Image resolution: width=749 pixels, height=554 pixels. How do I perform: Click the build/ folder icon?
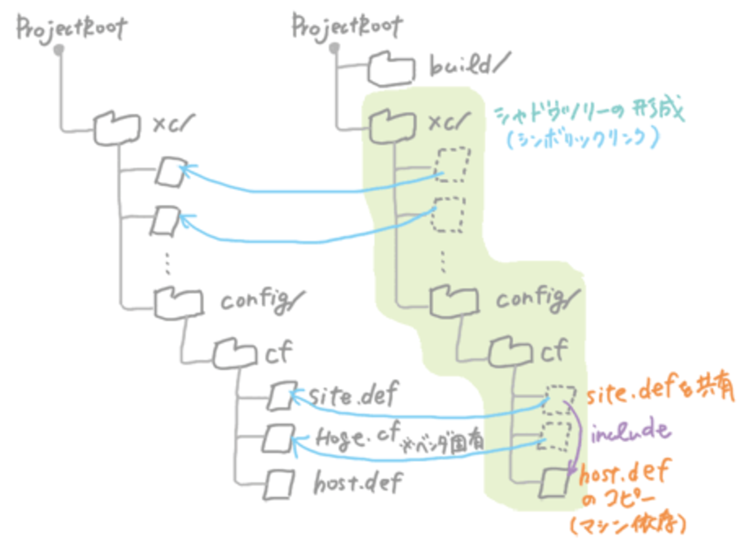coord(391,69)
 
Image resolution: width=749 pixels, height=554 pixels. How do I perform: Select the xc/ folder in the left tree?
coord(117,128)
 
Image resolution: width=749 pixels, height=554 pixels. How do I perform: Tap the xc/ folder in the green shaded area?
coord(392,125)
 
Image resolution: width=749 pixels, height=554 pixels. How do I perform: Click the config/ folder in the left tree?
coord(179,302)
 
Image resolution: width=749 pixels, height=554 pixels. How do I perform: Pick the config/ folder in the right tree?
coord(454,300)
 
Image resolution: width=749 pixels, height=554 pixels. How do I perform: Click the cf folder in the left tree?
coord(234,353)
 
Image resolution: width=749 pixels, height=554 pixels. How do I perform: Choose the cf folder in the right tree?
coord(510,352)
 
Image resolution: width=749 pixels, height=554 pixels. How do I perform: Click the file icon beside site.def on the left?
coord(282,396)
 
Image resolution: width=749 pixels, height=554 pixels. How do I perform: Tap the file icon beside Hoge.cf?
coord(278,439)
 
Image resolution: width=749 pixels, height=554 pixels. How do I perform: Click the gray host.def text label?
coord(358,482)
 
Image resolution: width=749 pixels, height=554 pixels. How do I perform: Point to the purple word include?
coord(630,431)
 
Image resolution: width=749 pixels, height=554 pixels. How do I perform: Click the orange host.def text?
coord(624,473)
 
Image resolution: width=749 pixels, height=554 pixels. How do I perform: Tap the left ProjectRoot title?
coord(71,28)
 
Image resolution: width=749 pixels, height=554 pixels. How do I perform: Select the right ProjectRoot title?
coord(347,26)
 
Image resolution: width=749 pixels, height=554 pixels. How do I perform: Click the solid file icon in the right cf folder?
coord(554,482)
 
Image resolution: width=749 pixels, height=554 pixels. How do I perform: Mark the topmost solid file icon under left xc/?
coord(170,172)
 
